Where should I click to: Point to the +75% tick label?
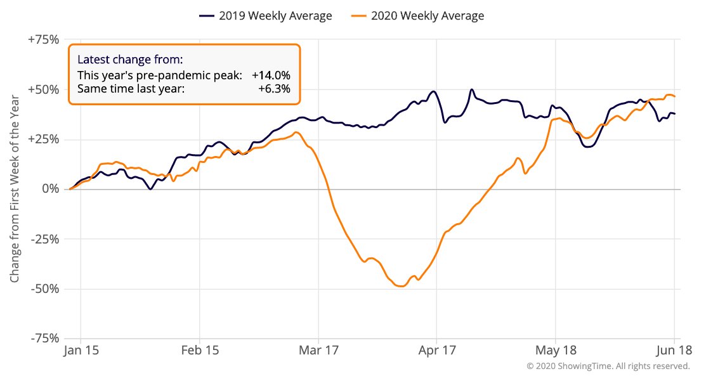point(44,40)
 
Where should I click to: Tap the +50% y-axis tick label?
point(44,89)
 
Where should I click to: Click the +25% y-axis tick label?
point(44,140)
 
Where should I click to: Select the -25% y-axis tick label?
point(44,239)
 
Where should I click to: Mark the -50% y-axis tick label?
point(44,289)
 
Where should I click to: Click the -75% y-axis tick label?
point(44,339)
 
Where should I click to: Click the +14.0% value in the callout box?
point(271,75)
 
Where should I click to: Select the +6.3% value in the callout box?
point(274,89)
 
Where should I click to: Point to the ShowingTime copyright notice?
point(608,367)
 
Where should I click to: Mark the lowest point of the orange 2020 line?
point(401,287)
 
